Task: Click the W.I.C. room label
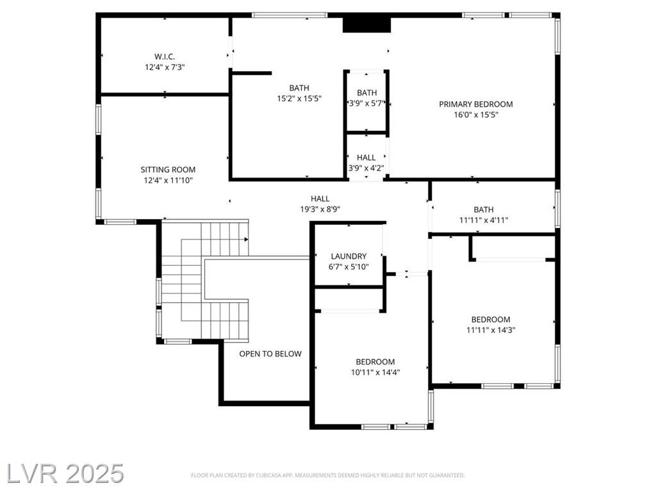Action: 165,56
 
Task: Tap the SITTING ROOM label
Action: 168,169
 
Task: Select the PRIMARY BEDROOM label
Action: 476,104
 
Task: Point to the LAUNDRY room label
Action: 348,256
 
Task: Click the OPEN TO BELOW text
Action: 270,354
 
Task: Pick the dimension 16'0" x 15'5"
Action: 476,115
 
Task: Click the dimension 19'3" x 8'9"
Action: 320,209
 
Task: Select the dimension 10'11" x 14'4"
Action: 375,372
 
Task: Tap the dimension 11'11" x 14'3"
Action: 491,330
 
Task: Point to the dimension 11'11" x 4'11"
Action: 484,220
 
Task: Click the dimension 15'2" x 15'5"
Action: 299,98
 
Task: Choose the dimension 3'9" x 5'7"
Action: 366,103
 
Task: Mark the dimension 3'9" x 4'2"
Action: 366,168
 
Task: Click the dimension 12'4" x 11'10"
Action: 168,180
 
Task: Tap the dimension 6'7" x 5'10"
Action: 348,266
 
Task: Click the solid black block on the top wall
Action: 366,24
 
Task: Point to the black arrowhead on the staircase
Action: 247,240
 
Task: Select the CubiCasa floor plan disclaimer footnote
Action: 327,475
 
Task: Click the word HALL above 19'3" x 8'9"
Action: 320,199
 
